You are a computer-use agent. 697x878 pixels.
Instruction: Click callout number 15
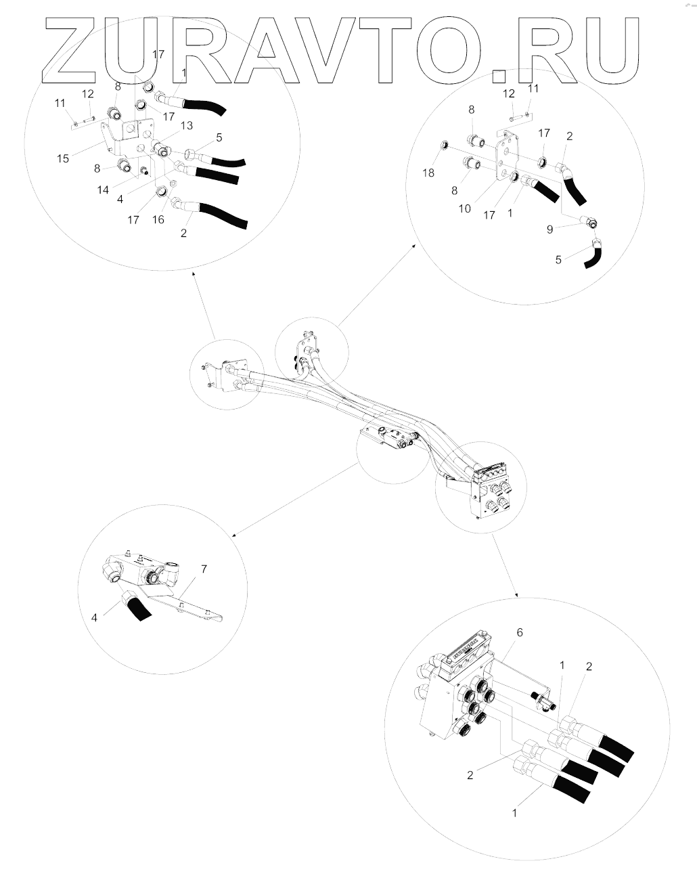pos(63,158)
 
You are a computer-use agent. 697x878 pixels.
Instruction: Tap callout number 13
pos(186,126)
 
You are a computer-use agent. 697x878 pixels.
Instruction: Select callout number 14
pos(103,190)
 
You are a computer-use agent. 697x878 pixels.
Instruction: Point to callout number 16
pos(158,219)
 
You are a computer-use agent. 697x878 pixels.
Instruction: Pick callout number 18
pos(428,173)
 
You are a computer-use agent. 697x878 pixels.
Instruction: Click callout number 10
pos(464,209)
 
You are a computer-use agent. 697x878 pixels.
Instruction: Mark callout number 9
pos(549,229)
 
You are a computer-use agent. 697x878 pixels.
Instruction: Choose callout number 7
pos(204,569)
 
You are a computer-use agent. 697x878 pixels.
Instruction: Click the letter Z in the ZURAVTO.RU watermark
pos(70,50)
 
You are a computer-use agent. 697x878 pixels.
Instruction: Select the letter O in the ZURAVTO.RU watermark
pos(447,50)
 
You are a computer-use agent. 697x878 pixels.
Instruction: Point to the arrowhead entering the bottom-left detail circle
pos(234,535)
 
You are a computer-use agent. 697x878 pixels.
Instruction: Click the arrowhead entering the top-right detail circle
pos(415,245)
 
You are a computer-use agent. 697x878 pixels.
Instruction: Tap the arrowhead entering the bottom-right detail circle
pos(517,595)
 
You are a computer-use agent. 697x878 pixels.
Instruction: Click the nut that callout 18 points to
pos(445,144)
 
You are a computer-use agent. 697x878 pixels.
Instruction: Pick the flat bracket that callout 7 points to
pos(185,609)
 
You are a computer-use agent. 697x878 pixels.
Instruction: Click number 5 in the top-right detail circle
pos(558,259)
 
